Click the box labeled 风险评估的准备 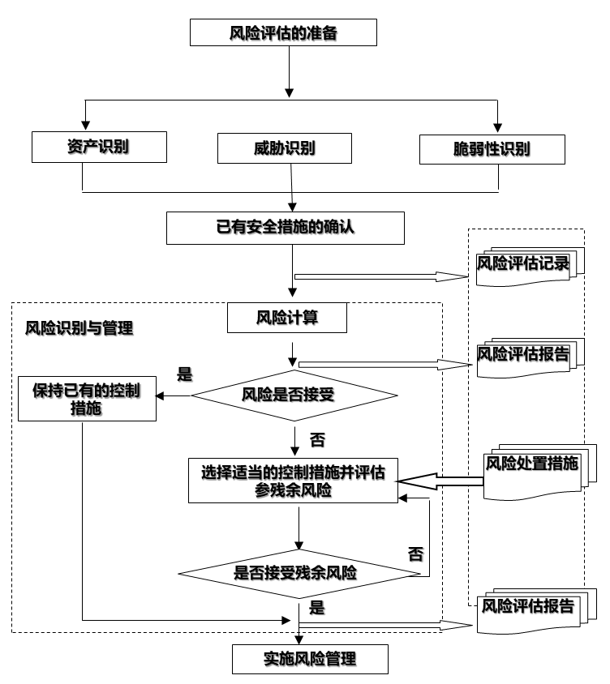click(x=284, y=33)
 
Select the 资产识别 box click(x=100, y=147)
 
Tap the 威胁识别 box click(x=285, y=147)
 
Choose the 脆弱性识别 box click(x=492, y=148)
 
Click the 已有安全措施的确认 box click(x=285, y=228)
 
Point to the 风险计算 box click(x=288, y=318)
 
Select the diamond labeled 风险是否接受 click(x=294, y=395)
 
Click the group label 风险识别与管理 click(x=79, y=328)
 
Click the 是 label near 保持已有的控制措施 click(x=185, y=374)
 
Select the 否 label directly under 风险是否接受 click(x=317, y=440)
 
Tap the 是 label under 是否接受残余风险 click(x=317, y=607)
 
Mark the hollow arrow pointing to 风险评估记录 click(x=381, y=277)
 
